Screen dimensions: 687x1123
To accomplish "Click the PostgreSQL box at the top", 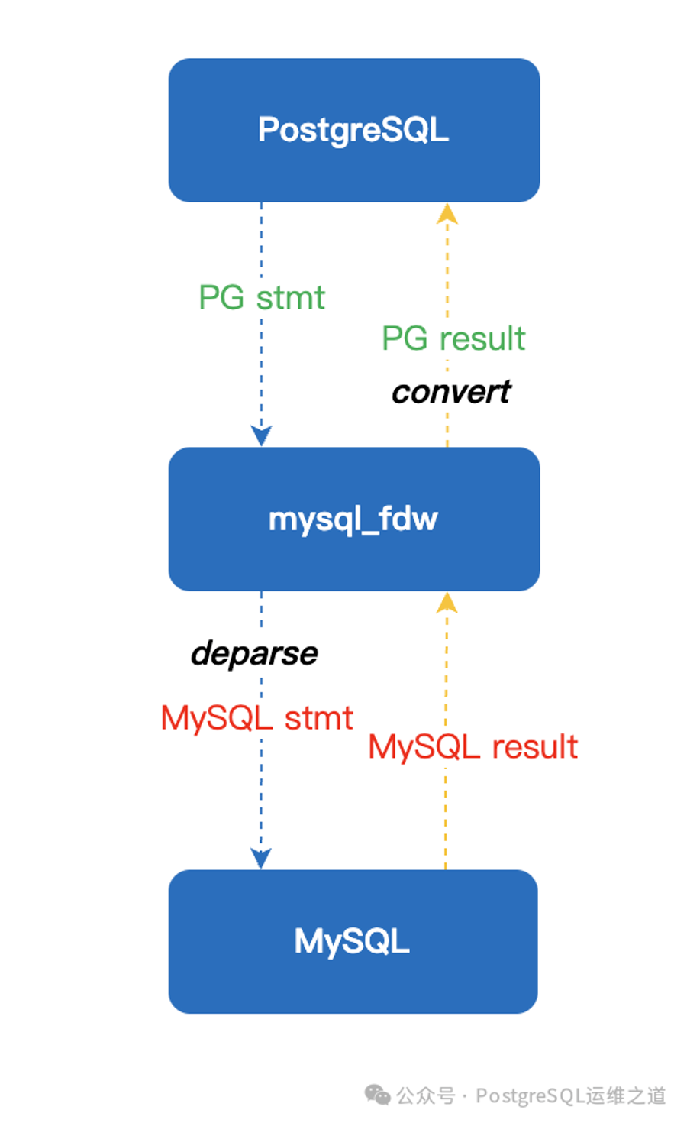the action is (x=353, y=131).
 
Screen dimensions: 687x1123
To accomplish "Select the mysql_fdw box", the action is (x=353, y=519).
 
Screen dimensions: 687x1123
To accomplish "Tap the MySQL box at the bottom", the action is (x=353, y=941).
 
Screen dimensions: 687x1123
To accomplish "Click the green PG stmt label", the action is (x=262, y=298).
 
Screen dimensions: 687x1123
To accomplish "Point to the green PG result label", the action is (x=453, y=338).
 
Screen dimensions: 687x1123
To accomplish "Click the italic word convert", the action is (x=451, y=392).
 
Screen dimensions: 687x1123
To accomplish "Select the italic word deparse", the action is (x=254, y=654).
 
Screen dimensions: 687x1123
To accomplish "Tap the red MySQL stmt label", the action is (x=257, y=718).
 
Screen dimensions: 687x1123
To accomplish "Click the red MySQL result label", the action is (x=473, y=747).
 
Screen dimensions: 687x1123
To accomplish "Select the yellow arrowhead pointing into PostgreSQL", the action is (x=447, y=214).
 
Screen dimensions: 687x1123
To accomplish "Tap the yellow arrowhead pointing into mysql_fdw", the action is (x=447, y=603).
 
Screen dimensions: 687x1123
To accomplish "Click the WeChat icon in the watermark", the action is (x=377, y=1094).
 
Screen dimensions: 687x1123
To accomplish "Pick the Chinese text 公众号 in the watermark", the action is (x=425, y=1096).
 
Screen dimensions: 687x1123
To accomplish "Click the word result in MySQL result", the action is (x=535, y=747).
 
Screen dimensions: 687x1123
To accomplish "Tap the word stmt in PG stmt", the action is (x=291, y=298).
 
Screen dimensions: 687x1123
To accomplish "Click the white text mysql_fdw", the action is (x=353, y=520).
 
